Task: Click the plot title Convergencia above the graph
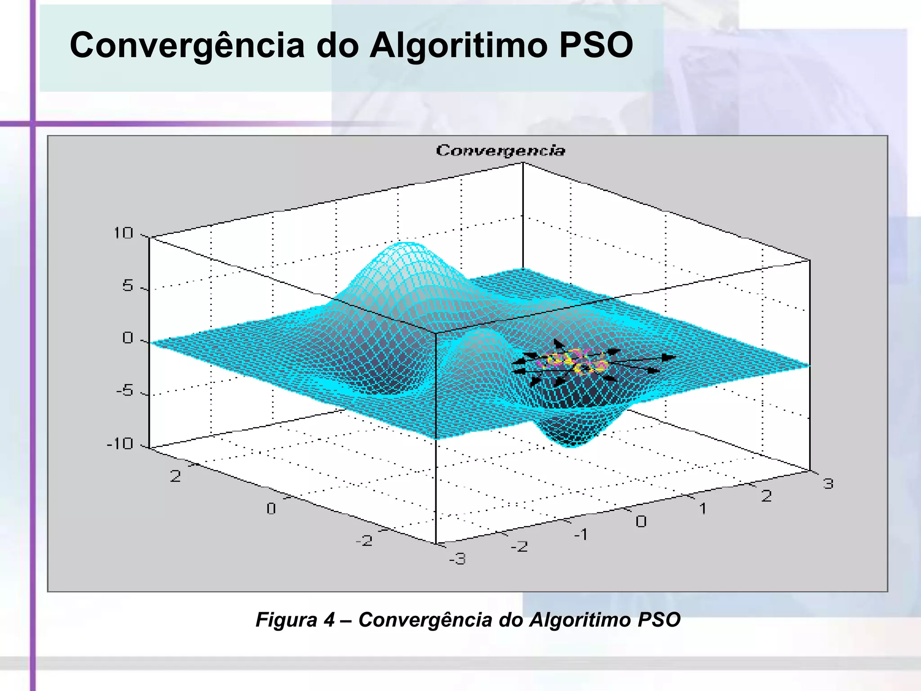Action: tap(500, 150)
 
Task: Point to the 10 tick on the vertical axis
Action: tap(123, 233)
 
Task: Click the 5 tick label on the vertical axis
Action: tap(128, 286)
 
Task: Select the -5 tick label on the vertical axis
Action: tap(125, 391)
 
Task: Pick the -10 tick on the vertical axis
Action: tap(120, 444)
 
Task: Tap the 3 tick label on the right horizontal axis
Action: tap(828, 484)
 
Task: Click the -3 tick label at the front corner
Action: tap(457, 559)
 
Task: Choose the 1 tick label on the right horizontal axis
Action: tap(702, 509)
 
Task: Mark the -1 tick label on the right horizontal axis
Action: tap(581, 534)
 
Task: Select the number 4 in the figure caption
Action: tap(329, 620)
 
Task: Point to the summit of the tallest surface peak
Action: tap(406, 244)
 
